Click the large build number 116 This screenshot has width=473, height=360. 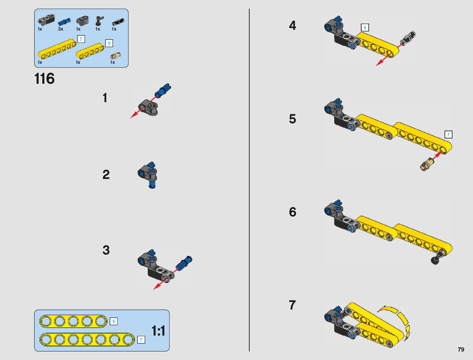(x=45, y=79)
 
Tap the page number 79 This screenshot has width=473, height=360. (x=461, y=349)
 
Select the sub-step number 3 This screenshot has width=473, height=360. (x=106, y=250)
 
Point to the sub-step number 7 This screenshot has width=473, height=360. (x=292, y=305)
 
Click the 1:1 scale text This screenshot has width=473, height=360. (x=158, y=331)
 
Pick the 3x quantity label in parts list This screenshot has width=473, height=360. (x=60, y=29)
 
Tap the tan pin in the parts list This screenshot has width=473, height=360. (x=115, y=55)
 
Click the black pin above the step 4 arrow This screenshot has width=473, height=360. (x=408, y=37)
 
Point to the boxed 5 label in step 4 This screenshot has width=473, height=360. (x=365, y=28)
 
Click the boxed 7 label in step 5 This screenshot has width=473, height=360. (x=448, y=135)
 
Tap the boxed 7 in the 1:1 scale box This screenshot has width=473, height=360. (x=141, y=340)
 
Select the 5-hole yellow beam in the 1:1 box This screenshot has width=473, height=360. (x=73, y=321)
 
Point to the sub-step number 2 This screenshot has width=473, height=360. (x=106, y=175)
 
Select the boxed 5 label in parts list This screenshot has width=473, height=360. (x=109, y=43)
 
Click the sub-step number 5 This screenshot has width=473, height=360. (x=292, y=119)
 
